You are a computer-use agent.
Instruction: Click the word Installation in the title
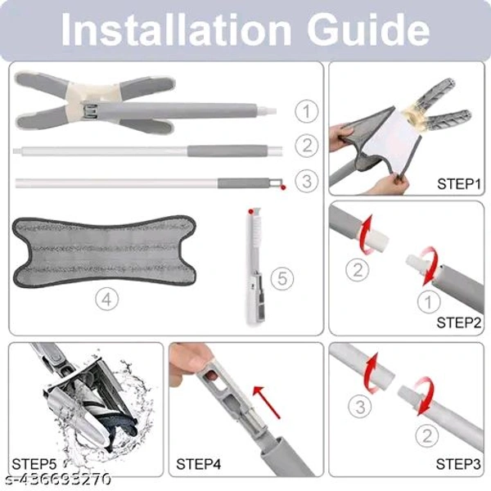[176, 29]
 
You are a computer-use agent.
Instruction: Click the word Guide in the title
[368, 29]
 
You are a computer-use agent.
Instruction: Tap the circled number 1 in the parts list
[307, 111]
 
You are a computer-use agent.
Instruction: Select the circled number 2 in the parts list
[307, 146]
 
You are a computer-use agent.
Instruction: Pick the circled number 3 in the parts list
[307, 181]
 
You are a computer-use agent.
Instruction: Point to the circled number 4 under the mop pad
[106, 300]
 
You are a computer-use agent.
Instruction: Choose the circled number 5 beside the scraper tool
[282, 278]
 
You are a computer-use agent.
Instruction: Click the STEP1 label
[459, 184]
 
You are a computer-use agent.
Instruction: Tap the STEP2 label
[459, 322]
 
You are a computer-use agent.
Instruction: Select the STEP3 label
[458, 464]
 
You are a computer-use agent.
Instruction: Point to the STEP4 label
[199, 464]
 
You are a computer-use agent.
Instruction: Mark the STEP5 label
[34, 464]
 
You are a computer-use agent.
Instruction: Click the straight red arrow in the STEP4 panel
[267, 403]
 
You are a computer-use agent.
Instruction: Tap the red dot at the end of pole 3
[283, 187]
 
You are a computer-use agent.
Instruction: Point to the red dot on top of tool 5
[250, 212]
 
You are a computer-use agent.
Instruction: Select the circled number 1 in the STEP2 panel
[429, 301]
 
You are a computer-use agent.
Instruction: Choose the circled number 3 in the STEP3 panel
[360, 407]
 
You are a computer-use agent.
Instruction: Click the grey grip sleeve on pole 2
[227, 151]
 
